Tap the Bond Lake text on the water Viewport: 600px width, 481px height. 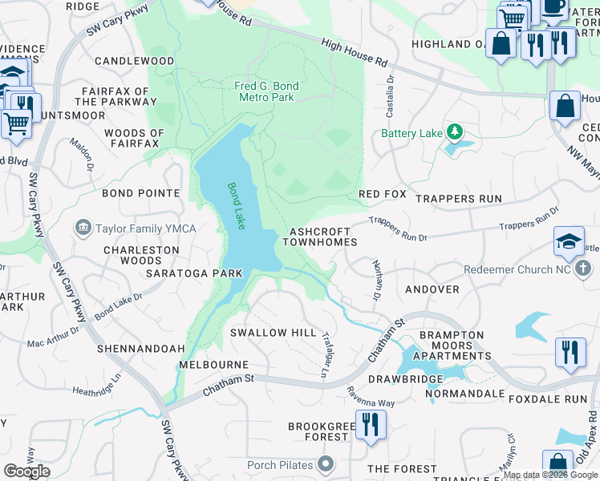pyautogui.click(x=236, y=206)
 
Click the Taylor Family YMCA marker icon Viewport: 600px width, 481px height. pyautogui.click(x=83, y=228)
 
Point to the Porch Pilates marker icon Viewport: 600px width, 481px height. pyautogui.click(x=325, y=464)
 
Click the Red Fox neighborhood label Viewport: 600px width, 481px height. pyautogui.click(x=383, y=195)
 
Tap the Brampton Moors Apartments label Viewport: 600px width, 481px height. pyautogui.click(x=451, y=346)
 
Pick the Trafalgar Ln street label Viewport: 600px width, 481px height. pyautogui.click(x=326, y=354)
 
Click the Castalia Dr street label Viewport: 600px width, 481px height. pyautogui.click(x=391, y=92)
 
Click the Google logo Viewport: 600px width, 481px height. pyautogui.click(x=26, y=471)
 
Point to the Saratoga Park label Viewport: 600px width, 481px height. pyautogui.click(x=193, y=273)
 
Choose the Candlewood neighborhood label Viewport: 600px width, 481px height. pyautogui.click(x=134, y=61)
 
